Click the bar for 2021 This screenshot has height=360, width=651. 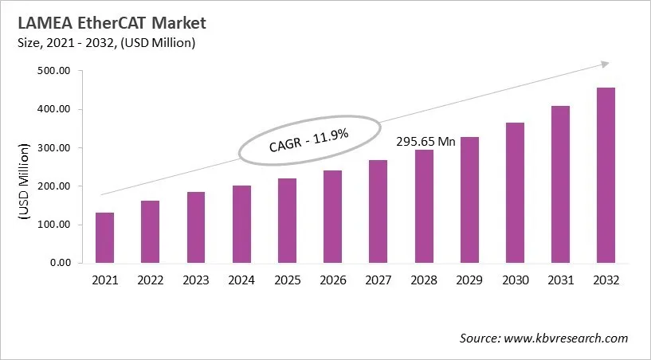(x=104, y=237)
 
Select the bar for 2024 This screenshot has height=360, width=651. (x=241, y=224)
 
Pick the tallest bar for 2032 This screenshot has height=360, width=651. (x=606, y=174)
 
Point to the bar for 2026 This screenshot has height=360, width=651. (x=332, y=216)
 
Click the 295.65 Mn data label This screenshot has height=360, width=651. (x=426, y=142)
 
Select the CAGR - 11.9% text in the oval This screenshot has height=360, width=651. (x=308, y=143)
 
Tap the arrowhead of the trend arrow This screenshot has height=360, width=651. (x=605, y=64)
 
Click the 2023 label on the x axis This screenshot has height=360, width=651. (x=196, y=280)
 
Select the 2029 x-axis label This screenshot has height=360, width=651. (x=469, y=280)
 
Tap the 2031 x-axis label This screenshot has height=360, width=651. (x=560, y=280)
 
